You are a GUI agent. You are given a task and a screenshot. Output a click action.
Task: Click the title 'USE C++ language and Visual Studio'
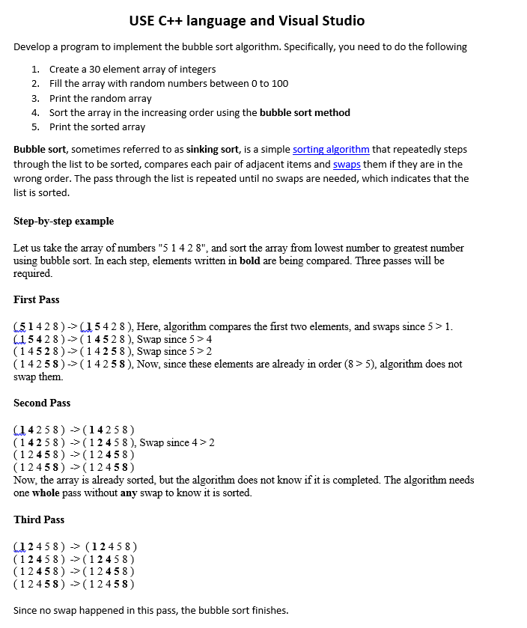pos(247,21)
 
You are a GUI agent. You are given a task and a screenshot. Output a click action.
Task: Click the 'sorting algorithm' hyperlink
pos(331,150)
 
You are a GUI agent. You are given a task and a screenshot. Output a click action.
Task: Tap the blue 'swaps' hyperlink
pos(347,164)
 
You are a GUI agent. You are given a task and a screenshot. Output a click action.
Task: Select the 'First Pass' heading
pos(36,300)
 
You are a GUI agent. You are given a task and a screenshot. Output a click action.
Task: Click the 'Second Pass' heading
pos(42,403)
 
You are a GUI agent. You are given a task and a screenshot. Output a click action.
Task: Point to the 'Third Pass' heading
pos(39,520)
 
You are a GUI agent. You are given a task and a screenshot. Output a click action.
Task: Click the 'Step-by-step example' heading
pos(64,222)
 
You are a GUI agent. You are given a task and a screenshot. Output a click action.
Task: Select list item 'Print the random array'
pos(100,98)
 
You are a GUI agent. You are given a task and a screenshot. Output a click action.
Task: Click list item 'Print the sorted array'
pos(97,127)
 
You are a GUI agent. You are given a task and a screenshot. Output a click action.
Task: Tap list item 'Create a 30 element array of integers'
pos(132,70)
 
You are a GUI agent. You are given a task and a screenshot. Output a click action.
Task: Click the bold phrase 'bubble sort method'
pos(305,113)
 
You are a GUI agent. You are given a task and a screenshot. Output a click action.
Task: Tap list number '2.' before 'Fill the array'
pos(35,84)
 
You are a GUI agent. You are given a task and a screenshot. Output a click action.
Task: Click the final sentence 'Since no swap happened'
pos(150,611)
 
